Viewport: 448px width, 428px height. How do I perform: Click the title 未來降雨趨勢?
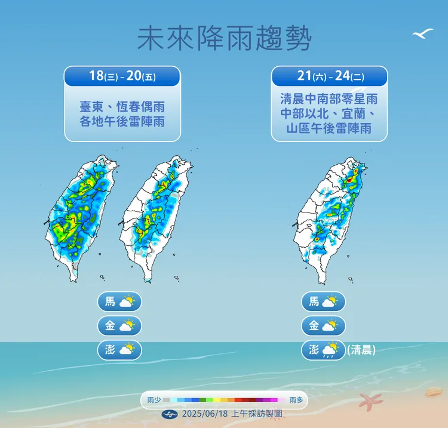(x=224, y=39)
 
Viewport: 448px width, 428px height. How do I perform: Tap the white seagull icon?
(x=422, y=34)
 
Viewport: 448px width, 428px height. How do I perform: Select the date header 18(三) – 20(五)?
(x=122, y=76)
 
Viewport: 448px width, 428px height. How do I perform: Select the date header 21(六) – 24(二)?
(x=329, y=76)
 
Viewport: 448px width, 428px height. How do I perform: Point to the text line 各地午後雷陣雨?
(x=122, y=122)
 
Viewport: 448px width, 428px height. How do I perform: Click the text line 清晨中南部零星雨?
(x=329, y=99)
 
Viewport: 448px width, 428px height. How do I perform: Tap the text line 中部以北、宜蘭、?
(x=329, y=113)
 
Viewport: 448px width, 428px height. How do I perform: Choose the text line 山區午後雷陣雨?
(x=329, y=128)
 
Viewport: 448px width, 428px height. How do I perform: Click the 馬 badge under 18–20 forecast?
(x=119, y=301)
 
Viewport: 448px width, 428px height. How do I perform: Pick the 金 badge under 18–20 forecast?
(x=119, y=326)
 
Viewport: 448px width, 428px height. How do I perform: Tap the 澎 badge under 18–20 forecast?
(x=119, y=350)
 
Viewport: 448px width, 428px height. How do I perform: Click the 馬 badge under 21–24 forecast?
(x=323, y=301)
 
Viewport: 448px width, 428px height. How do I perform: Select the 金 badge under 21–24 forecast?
(x=323, y=326)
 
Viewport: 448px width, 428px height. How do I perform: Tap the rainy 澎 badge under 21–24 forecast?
(x=323, y=350)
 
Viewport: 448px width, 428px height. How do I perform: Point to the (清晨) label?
(x=361, y=350)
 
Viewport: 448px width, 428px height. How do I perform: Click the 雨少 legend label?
(x=154, y=400)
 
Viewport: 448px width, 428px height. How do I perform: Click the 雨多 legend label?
(x=296, y=400)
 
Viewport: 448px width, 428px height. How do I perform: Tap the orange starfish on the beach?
(x=370, y=401)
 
